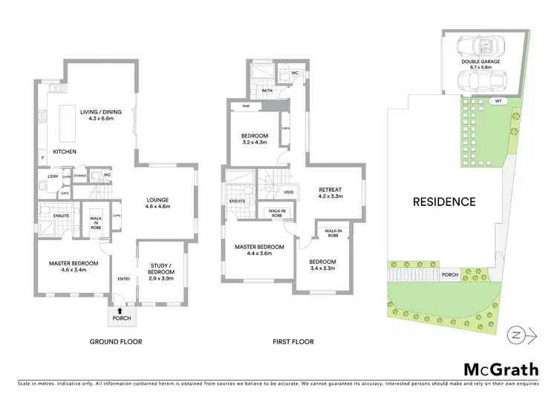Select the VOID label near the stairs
289,192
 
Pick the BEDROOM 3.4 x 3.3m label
322,265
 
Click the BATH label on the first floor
267,91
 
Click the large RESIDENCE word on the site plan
444,201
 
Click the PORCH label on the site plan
449,274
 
